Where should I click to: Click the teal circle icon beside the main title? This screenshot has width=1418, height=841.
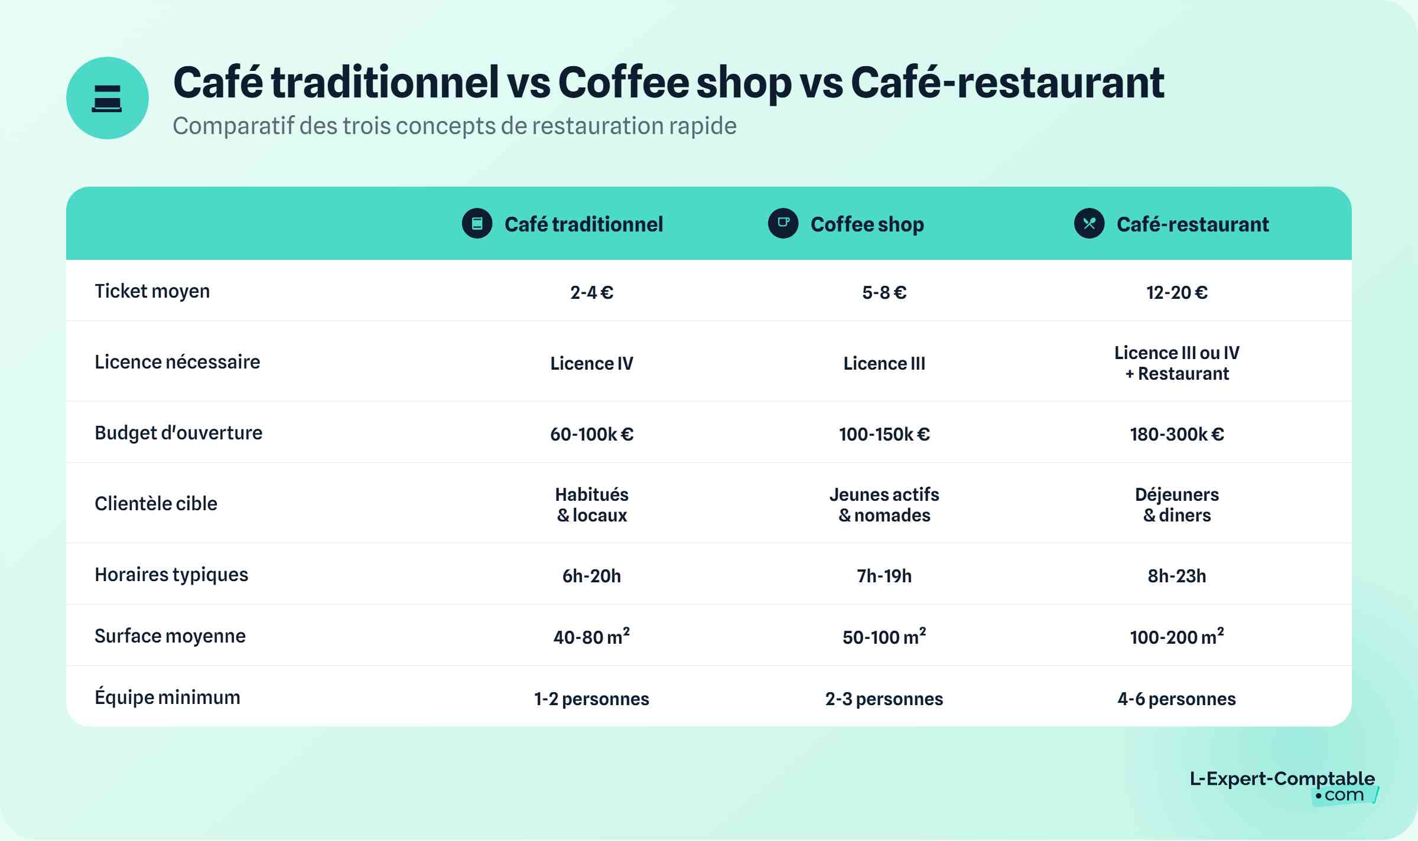(x=107, y=98)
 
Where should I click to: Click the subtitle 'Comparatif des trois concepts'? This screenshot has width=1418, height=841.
(x=454, y=126)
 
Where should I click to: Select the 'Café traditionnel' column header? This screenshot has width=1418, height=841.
(x=583, y=224)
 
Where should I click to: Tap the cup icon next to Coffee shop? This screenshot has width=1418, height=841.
(x=783, y=223)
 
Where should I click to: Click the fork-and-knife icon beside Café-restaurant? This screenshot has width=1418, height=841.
(x=1089, y=223)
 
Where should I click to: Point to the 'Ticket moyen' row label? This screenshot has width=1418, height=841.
(x=152, y=291)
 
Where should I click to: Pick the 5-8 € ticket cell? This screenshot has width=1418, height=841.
(x=884, y=292)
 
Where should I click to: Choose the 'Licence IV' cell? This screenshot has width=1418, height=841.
(x=591, y=363)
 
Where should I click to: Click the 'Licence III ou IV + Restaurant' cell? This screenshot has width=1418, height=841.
(x=1176, y=363)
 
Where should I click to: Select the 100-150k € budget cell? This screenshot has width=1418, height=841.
(x=884, y=434)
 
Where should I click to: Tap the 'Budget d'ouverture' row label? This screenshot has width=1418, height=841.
(x=178, y=433)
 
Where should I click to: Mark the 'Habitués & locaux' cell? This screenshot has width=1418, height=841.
(x=591, y=504)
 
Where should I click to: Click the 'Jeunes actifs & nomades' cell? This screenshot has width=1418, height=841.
(x=884, y=504)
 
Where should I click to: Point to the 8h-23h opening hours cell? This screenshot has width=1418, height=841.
(x=1176, y=576)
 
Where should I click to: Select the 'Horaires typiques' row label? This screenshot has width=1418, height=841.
(x=171, y=575)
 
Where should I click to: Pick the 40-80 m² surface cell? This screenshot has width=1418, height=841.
(x=591, y=637)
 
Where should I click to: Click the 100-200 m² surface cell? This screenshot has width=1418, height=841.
(x=1176, y=637)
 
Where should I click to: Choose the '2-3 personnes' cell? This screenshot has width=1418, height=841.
(x=884, y=699)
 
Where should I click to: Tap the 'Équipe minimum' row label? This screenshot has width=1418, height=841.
(x=167, y=697)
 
